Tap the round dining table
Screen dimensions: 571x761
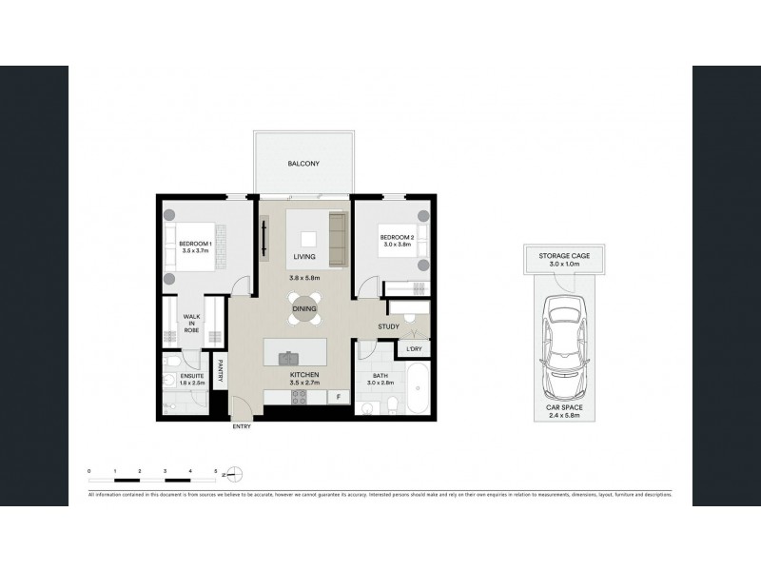click(x=304, y=309)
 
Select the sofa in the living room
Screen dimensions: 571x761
click(x=336, y=239)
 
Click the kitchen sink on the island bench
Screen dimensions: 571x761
click(x=287, y=358)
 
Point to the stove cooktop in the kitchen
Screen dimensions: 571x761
click(x=304, y=399)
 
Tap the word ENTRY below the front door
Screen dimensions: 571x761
click(x=243, y=427)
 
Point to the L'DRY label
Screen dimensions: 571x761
click(x=414, y=350)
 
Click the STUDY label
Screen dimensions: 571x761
click(x=388, y=328)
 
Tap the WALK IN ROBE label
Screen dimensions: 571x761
click(x=191, y=323)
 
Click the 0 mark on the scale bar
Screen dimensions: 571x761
click(x=88, y=470)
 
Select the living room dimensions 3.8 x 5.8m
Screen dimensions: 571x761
click(x=303, y=278)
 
